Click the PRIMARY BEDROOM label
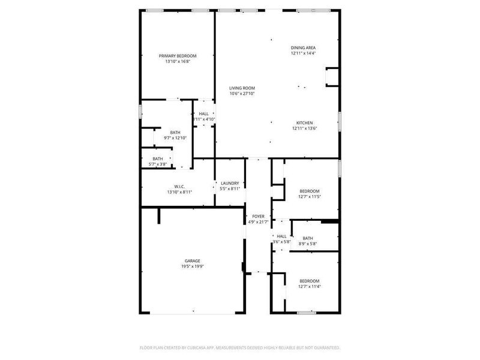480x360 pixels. point(178,56)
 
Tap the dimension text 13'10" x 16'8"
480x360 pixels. point(178,61)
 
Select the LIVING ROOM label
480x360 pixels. point(242,88)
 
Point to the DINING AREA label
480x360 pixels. point(304,47)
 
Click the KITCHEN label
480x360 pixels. point(304,122)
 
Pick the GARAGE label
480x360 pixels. point(192,260)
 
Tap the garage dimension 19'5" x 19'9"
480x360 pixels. point(192,266)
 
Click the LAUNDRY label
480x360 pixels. point(230,183)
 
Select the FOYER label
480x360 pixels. point(258,216)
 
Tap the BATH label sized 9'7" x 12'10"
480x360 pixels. point(175,132)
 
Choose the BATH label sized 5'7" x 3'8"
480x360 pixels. point(157,158)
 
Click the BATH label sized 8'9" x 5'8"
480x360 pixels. point(308,238)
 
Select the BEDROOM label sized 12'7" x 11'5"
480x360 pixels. point(310,191)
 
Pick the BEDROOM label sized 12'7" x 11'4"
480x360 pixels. point(310,281)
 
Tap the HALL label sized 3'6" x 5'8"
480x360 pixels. point(281,236)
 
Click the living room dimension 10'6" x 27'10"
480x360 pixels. point(242,94)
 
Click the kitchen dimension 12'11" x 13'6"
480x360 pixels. point(304,128)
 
